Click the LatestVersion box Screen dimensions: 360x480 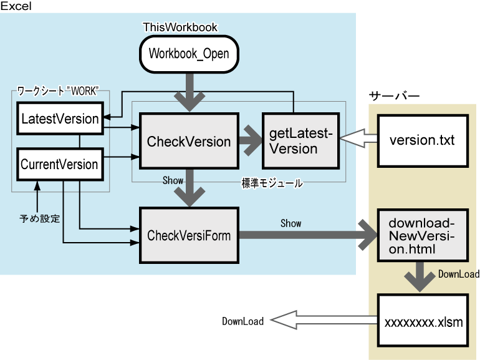click(60, 119)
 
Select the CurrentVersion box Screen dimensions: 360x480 click(59, 165)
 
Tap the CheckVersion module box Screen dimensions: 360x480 click(188, 142)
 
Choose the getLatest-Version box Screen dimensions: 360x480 click(300, 141)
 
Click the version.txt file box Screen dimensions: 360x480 click(422, 140)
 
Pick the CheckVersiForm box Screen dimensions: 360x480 click(188, 235)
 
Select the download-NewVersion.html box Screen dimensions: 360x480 click(422, 235)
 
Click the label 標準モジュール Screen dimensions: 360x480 click(272, 183)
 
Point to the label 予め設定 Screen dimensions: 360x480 click(39, 218)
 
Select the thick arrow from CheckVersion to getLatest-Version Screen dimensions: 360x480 click(250, 142)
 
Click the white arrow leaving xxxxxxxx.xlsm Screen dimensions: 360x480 click(324, 321)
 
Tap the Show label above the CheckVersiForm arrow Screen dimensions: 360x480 click(290, 223)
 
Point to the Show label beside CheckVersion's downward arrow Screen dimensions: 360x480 click(173, 180)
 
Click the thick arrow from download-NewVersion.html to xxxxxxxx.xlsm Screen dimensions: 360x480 click(422, 276)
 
